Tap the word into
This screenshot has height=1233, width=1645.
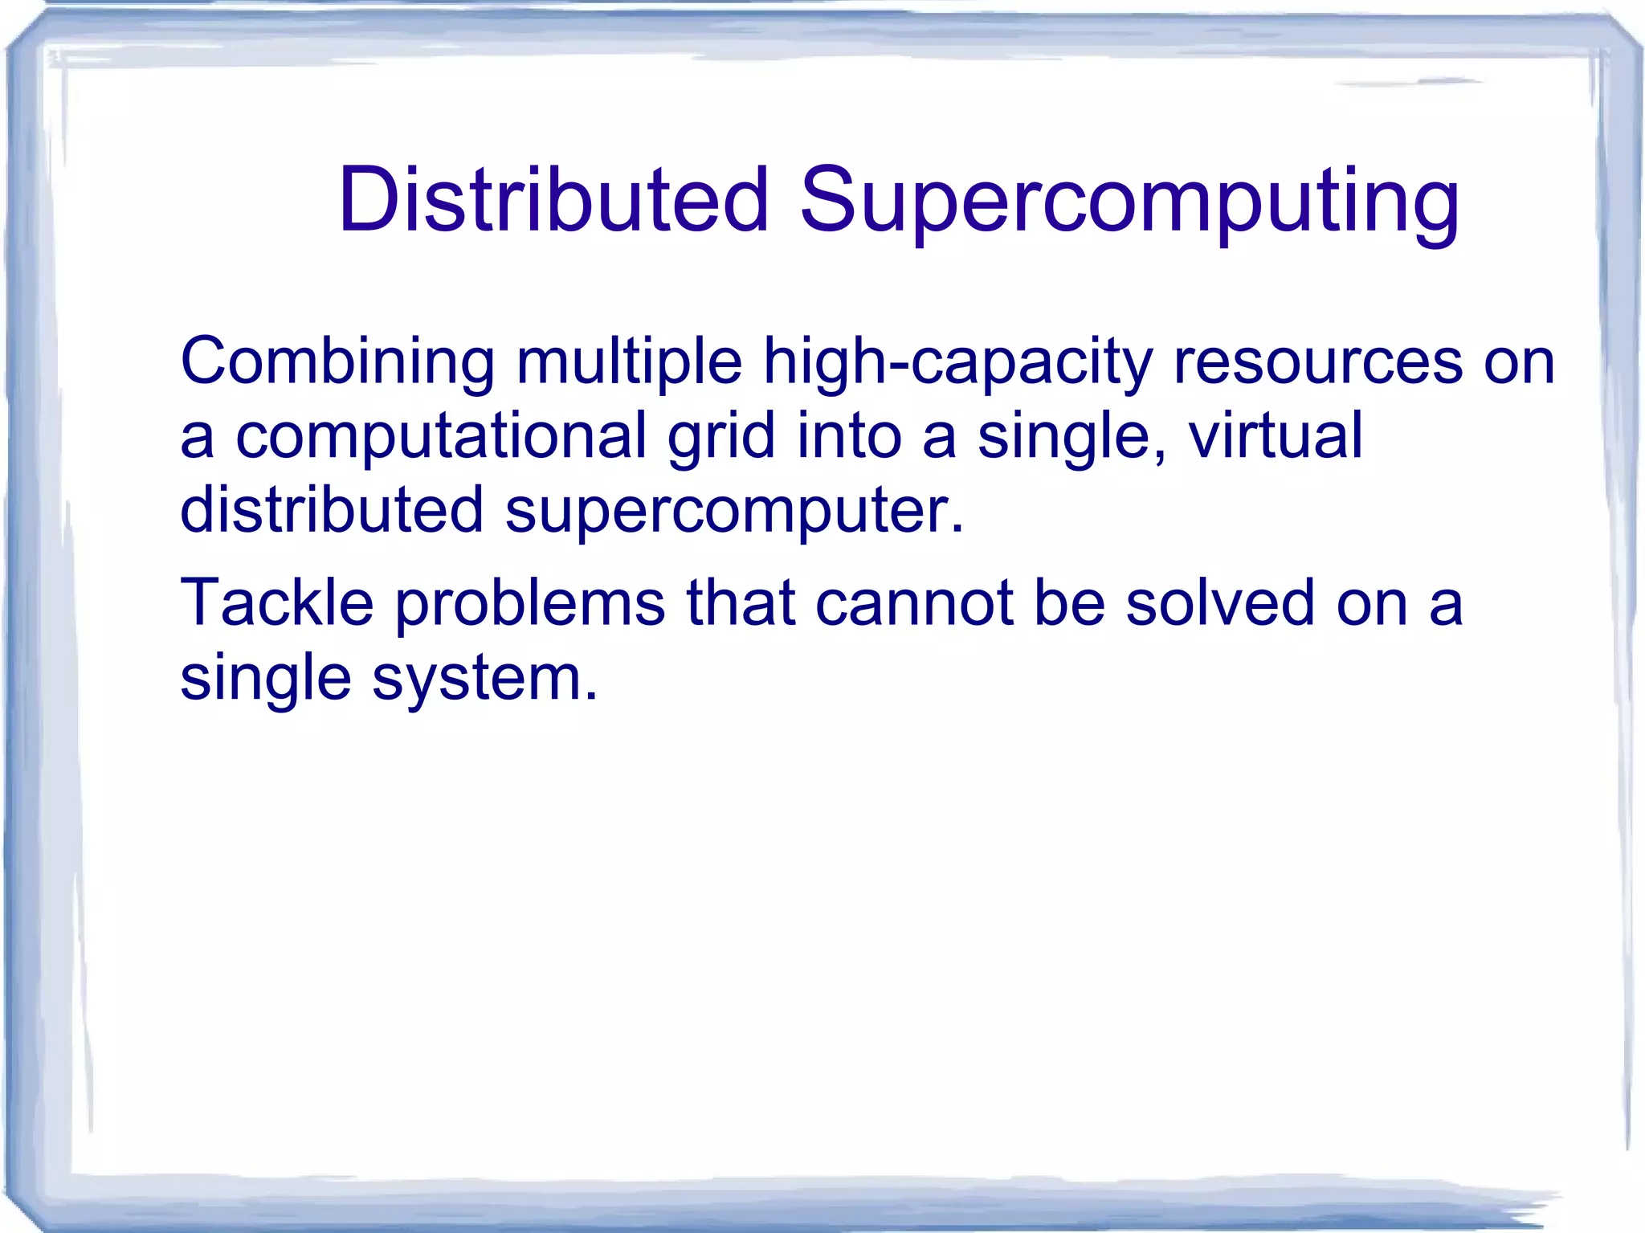click(849, 435)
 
